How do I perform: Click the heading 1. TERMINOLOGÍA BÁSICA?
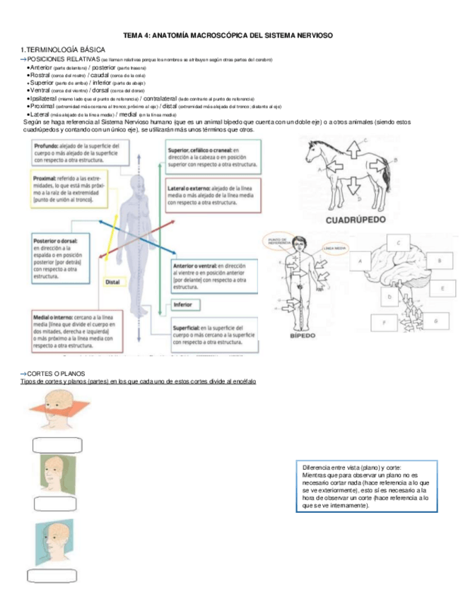[x=64, y=49]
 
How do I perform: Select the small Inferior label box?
[x=183, y=305]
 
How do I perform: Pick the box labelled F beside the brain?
[x=385, y=323]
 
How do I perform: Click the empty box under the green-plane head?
[x=54, y=503]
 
